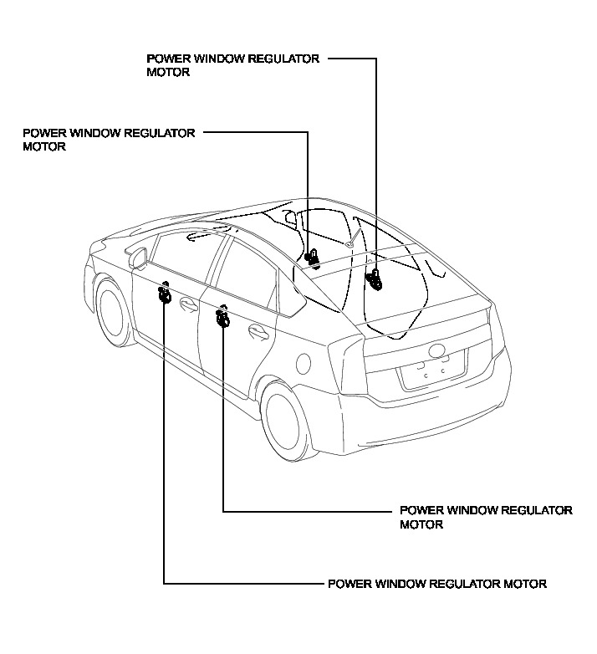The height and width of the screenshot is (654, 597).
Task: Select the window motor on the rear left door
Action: click(x=222, y=318)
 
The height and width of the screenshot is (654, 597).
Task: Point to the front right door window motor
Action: click(x=312, y=258)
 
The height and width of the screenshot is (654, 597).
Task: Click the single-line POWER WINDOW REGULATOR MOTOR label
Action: click(x=437, y=583)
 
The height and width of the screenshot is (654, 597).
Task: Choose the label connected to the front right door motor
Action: click(x=109, y=138)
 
